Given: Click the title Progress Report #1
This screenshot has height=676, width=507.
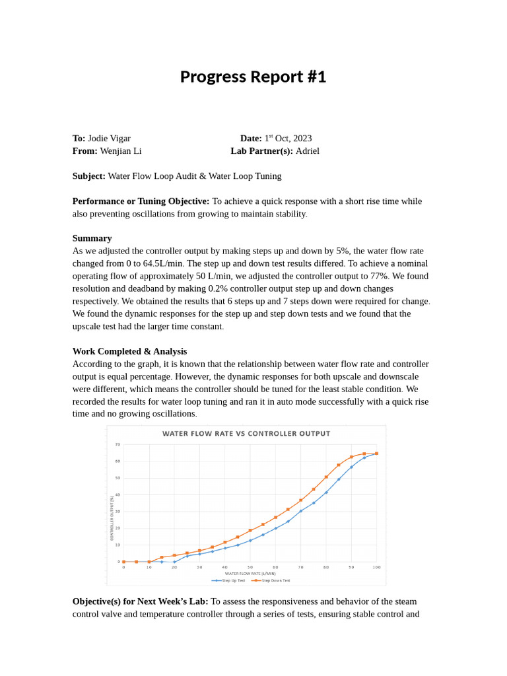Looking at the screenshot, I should click(253, 77).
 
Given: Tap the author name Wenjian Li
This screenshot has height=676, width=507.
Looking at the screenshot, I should click(120, 151).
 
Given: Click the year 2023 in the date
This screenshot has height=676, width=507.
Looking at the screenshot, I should click(302, 138).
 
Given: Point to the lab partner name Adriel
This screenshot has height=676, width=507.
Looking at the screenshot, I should click(307, 151).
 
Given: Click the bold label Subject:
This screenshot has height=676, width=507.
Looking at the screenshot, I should click(88, 176).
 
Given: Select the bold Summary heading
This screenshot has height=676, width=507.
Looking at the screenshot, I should click(92, 238).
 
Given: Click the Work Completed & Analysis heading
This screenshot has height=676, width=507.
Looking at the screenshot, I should click(129, 351).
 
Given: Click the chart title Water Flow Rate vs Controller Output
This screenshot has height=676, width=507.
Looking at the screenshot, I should click(246, 434).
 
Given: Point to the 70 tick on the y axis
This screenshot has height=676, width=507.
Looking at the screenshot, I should click(118, 444).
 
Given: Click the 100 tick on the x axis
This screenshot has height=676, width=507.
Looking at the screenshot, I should click(377, 567).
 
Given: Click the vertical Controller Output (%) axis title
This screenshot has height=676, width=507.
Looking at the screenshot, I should click(112, 519).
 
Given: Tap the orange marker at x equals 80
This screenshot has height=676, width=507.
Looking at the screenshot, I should click(326, 477).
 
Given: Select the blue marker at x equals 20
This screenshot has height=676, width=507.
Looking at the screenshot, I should click(174, 562).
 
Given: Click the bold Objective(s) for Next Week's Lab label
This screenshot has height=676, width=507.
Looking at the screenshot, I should click(140, 601).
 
